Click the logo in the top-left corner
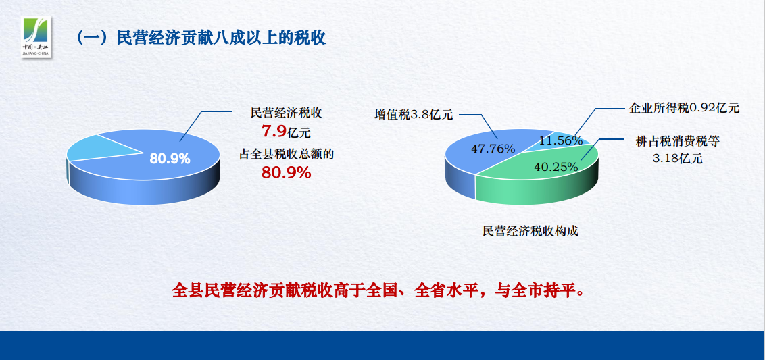coord(36,36)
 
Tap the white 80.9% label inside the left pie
coord(170,159)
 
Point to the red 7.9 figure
coord(274,131)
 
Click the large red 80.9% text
coord(287,172)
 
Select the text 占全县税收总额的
coord(286,155)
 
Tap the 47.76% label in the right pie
coord(493,149)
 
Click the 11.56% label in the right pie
coord(561,140)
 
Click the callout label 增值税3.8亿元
coord(414,115)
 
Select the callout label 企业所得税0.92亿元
coord(685,108)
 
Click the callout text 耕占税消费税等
coord(678,141)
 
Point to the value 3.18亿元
coord(678,159)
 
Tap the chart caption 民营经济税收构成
coord(530,231)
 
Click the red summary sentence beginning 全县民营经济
coord(378,290)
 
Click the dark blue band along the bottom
coord(382,345)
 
